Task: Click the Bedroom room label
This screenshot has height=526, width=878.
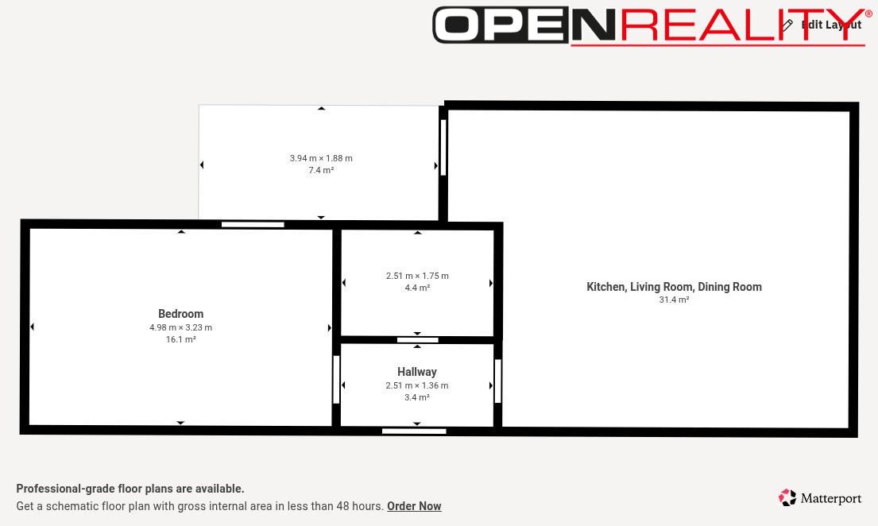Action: pos(181,314)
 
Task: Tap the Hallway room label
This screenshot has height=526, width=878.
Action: pos(417,371)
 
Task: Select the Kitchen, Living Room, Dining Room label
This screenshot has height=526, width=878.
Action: pos(674,287)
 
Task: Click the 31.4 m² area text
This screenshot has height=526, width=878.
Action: pos(674,300)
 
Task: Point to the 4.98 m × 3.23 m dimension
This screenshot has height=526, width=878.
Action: pos(181,327)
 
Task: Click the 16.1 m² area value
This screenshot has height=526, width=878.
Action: pos(181,339)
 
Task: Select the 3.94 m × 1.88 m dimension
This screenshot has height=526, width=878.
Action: pos(322,158)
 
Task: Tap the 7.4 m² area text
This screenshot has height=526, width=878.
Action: pos(322,170)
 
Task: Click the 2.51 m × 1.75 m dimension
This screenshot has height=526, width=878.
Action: pos(417,276)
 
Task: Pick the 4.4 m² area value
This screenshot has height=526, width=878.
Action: pos(417,288)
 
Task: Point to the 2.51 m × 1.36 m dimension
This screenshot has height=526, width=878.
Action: pos(417,385)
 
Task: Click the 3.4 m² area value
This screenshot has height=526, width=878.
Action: pos(417,398)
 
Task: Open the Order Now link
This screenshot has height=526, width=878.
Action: pos(414,506)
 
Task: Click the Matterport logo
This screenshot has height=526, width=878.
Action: pos(820,498)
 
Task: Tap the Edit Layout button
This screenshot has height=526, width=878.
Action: pos(822,25)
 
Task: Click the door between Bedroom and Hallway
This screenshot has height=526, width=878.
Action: pos(337,380)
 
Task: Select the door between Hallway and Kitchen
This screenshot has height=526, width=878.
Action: pos(497,381)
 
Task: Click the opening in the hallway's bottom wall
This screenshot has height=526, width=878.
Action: pos(414,431)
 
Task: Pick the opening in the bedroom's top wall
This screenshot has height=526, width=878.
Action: pos(253,225)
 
